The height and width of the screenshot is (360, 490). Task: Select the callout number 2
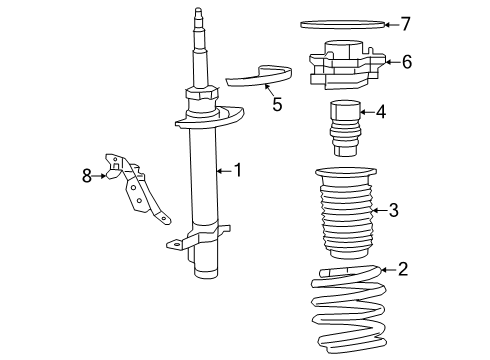pos(403,268)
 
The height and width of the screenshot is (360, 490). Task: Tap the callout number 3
pos(393,210)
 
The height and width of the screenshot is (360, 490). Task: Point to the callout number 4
pos(381,112)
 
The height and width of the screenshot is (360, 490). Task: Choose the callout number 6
pos(406,62)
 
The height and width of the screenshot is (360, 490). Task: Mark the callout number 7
pos(405,23)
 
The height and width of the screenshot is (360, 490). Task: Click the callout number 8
pos(87,176)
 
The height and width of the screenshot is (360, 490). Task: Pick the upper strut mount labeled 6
pos(346,62)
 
